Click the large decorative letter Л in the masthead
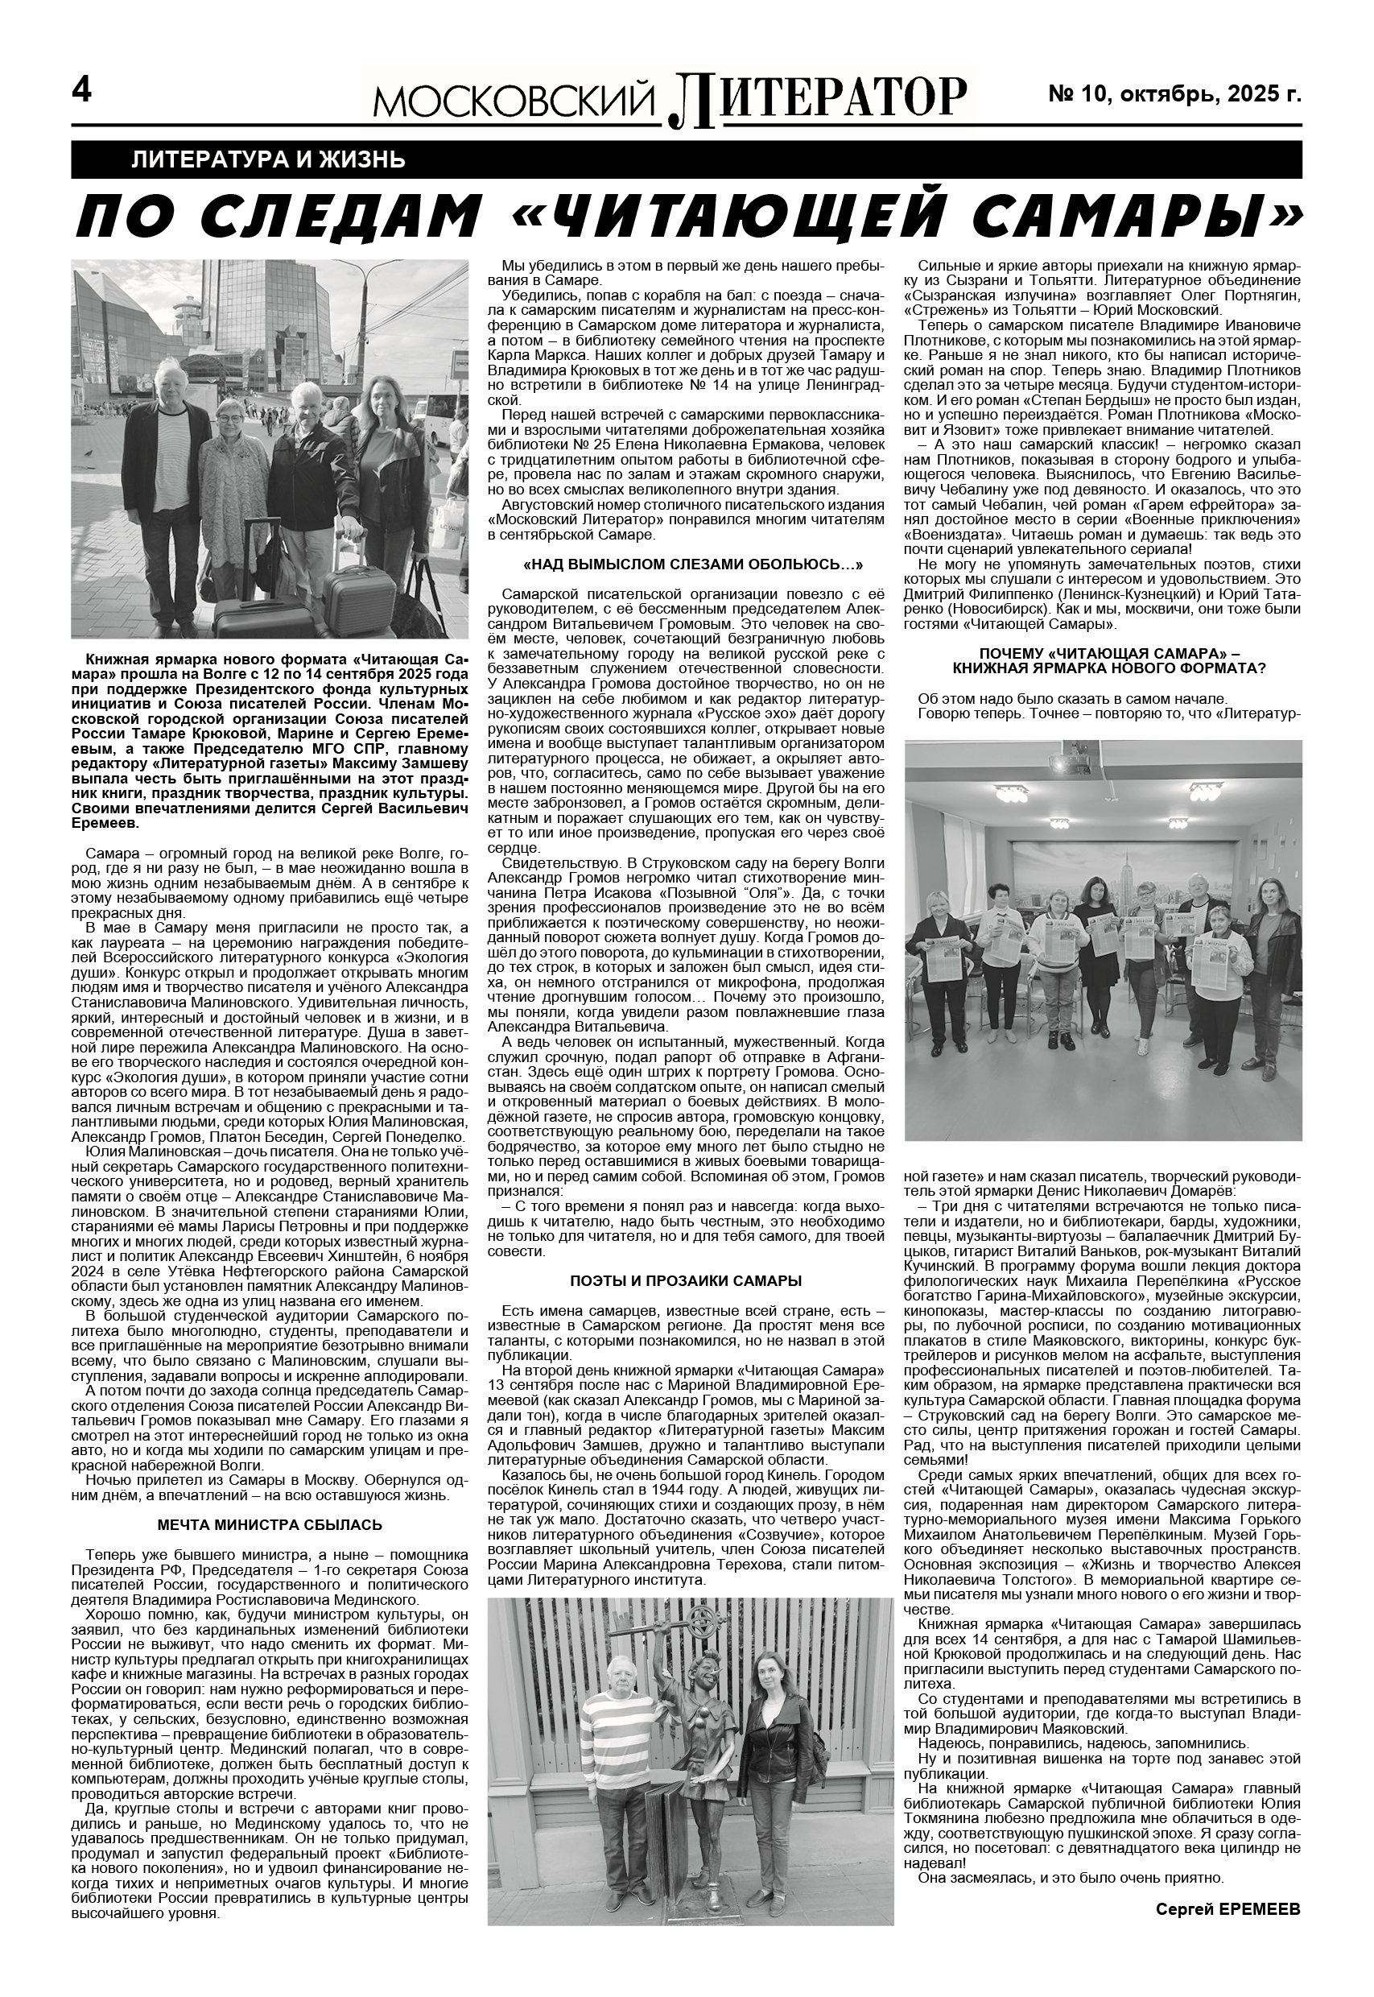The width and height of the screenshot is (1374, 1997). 691,101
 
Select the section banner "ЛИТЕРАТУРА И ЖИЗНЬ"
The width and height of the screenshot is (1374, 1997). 268,159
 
